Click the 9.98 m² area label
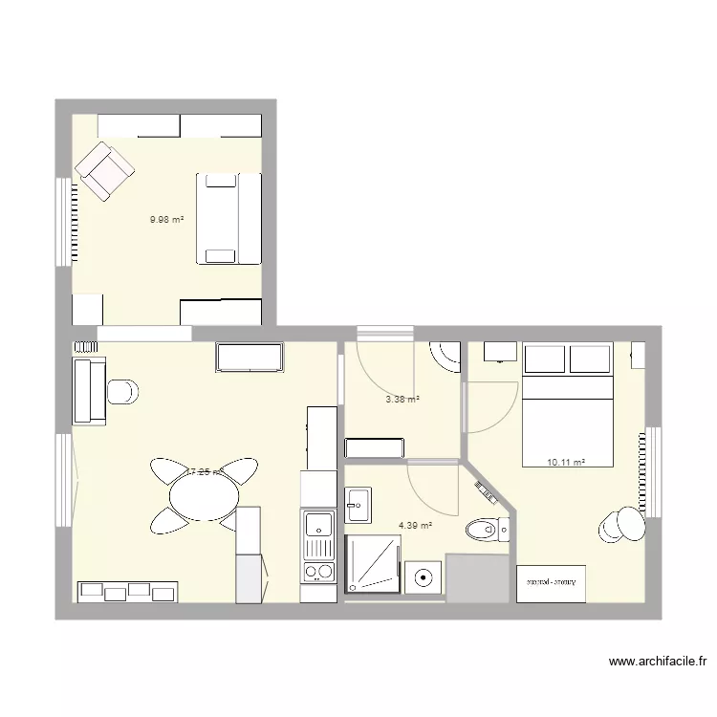tap(166, 219)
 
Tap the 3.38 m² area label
tap(402, 400)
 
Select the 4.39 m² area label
tap(415, 525)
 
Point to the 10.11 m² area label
tap(566, 463)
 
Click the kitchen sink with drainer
tap(318, 534)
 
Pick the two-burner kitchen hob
tap(318, 573)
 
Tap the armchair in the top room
tap(105, 171)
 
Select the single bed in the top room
tap(228, 217)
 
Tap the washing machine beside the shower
tap(422, 577)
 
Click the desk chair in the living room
tap(122, 392)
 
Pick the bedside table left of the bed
tap(500, 352)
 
